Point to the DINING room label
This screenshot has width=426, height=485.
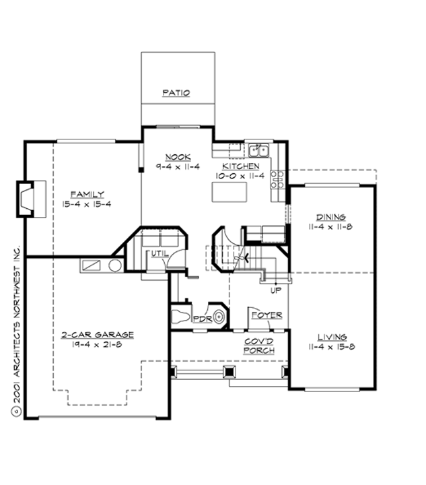tap(332, 217)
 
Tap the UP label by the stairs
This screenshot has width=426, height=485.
tap(275, 290)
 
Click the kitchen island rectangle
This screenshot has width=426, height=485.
tap(229, 192)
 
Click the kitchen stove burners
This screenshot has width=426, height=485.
tap(277, 179)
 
